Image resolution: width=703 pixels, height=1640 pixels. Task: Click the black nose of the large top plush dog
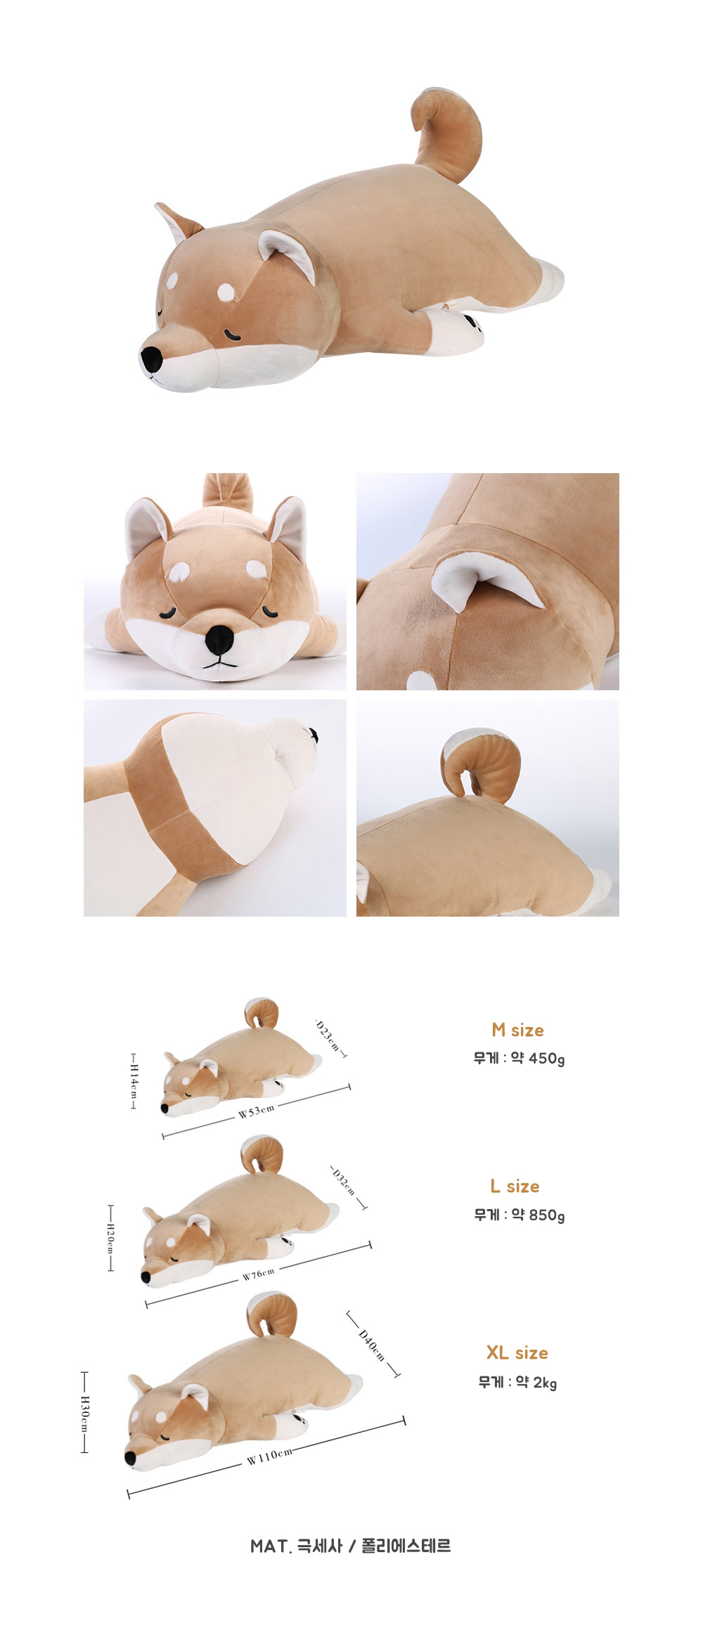[x=151, y=359]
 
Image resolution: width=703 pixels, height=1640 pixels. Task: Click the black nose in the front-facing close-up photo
[x=220, y=638]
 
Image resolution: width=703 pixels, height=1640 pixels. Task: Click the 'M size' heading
[x=518, y=1030]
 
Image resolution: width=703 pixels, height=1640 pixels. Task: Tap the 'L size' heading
[x=515, y=1186]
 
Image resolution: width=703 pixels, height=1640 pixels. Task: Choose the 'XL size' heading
[x=517, y=1352]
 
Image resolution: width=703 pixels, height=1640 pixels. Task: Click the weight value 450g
[x=547, y=1058]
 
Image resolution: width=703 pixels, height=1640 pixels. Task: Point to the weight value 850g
[x=547, y=1215]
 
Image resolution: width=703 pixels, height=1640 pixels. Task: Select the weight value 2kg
[x=545, y=1382]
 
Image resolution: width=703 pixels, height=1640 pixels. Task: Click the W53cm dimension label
[x=256, y=1111]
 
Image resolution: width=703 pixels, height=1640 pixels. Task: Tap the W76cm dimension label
[x=259, y=1274]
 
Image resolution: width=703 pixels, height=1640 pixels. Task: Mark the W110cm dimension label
[x=269, y=1456]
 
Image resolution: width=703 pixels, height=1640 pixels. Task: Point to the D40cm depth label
[x=372, y=1345]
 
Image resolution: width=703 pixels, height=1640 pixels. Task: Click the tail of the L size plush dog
[x=262, y=1155]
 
